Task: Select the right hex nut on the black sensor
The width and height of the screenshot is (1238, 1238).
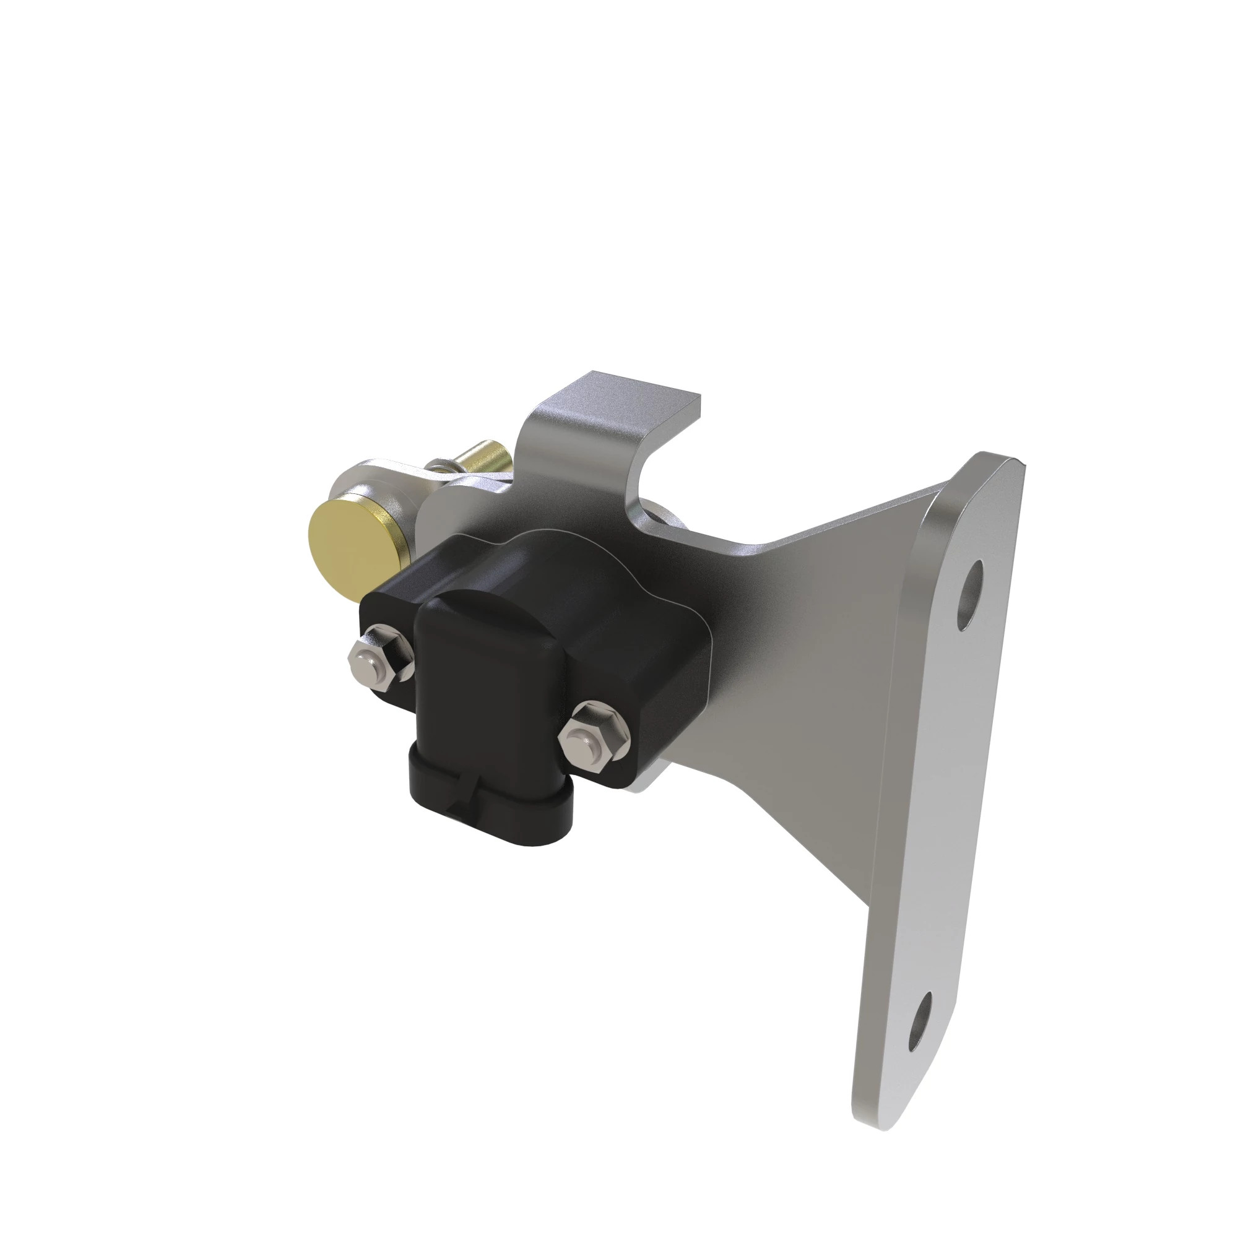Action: pos(593,736)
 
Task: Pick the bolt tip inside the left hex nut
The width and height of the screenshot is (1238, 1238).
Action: pos(366,656)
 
